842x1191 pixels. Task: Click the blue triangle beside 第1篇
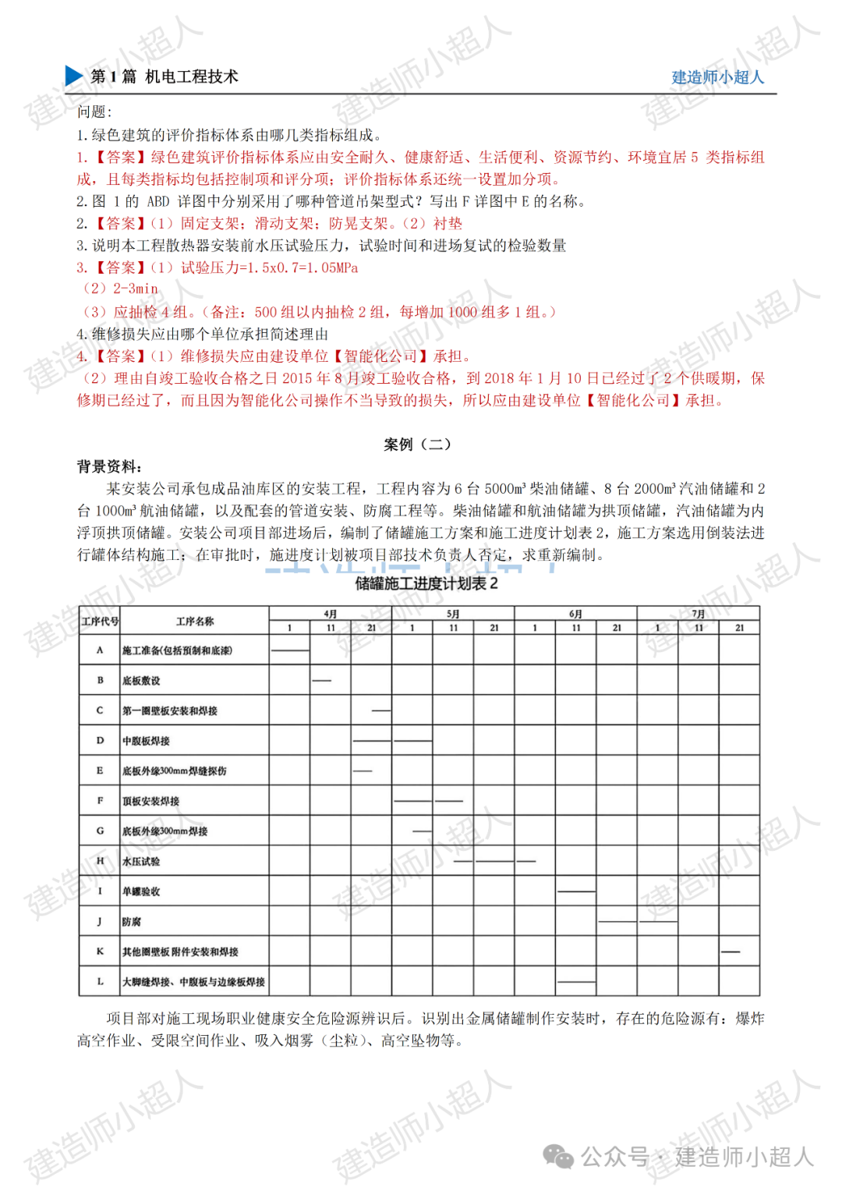(x=74, y=76)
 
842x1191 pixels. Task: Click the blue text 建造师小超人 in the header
(x=717, y=77)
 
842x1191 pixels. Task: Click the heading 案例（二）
(x=417, y=445)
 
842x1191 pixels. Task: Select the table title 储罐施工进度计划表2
(x=426, y=583)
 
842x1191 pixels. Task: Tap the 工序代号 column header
(x=100, y=621)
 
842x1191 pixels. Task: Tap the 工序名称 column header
(x=194, y=621)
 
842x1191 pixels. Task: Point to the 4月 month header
(x=331, y=614)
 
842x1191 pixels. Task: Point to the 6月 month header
(x=575, y=614)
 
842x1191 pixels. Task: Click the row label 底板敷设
(x=141, y=681)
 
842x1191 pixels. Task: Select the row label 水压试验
(x=141, y=862)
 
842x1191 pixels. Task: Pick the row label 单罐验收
(x=141, y=891)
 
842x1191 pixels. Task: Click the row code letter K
(x=100, y=952)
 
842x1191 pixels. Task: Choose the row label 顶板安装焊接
(x=150, y=801)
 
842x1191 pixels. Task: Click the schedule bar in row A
(x=290, y=650)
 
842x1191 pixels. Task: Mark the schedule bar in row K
(x=730, y=952)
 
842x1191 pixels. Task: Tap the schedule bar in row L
(x=576, y=981)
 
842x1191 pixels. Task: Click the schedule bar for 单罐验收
(x=576, y=891)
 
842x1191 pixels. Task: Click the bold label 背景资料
(x=108, y=466)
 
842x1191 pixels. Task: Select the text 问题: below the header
(x=94, y=112)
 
